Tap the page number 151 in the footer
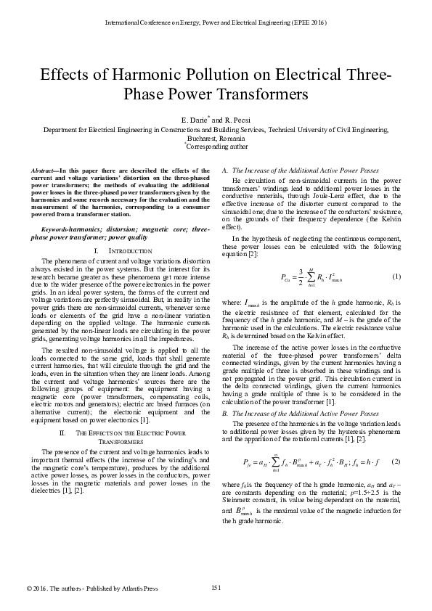[x=216, y=587]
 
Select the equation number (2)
[x=396, y=462]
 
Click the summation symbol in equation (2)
[x=279, y=462]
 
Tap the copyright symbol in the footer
[x=28, y=588]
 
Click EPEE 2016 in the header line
[x=308, y=23]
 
